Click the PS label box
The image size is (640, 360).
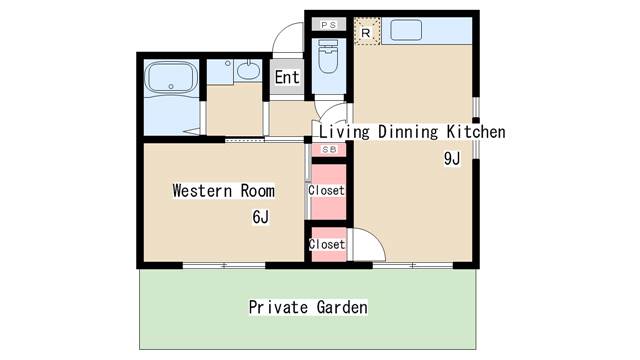point(329,25)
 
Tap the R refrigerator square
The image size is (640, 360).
point(367,31)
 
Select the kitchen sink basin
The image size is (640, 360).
point(406,30)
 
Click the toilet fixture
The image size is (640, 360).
point(328,56)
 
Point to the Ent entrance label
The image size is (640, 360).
point(287,77)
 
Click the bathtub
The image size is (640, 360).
point(171,78)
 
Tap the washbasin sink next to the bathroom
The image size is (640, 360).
point(248,71)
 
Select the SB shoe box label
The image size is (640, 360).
point(329,150)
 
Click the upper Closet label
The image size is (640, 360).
point(326,190)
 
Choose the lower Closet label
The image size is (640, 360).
point(327,244)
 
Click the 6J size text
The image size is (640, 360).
point(260,217)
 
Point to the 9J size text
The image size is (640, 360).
point(452,158)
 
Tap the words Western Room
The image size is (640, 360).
point(223,191)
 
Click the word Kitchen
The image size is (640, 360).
point(476,132)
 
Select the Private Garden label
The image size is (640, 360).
point(308,307)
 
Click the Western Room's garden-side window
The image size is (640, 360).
point(224,265)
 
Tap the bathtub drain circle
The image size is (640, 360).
point(171,86)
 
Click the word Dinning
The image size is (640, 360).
point(408,132)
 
